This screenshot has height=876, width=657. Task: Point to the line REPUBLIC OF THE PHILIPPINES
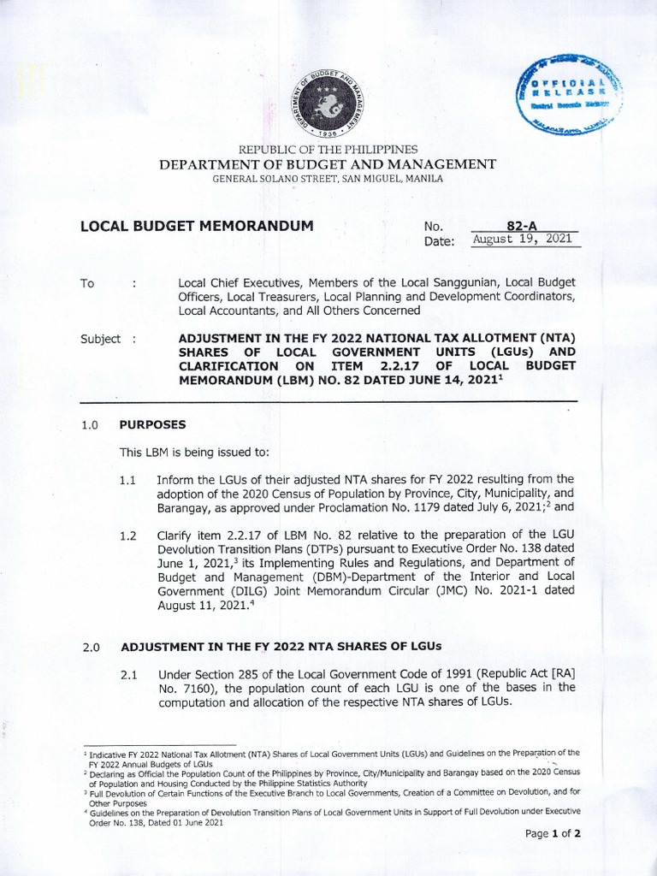point(328,149)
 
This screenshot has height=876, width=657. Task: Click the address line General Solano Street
point(328,178)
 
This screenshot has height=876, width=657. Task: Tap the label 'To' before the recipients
point(86,283)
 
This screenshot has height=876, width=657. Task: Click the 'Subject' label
point(101,339)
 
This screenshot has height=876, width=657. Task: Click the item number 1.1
point(129,481)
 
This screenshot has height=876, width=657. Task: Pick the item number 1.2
point(129,536)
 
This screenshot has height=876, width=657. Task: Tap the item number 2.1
point(129,675)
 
